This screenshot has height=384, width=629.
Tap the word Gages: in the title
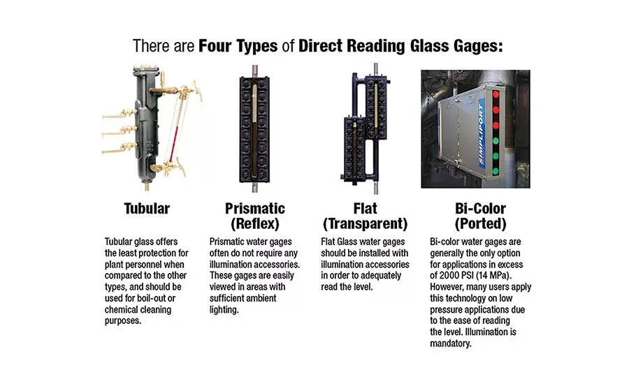coord(478,47)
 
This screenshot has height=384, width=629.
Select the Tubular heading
coord(147,209)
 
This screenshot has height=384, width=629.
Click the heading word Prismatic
coord(254,209)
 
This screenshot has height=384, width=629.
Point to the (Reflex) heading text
coord(254,223)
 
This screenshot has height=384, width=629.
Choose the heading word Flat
coord(365,209)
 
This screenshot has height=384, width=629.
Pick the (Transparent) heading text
coord(365,223)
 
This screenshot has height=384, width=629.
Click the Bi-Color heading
coord(480,209)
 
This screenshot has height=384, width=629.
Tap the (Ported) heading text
coord(480,223)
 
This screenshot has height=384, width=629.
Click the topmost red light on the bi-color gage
coord(496,94)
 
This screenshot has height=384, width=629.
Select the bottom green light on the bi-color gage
coord(496,171)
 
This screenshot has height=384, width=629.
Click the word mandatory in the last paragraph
coord(450,344)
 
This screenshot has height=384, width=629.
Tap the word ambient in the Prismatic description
coord(261,298)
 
